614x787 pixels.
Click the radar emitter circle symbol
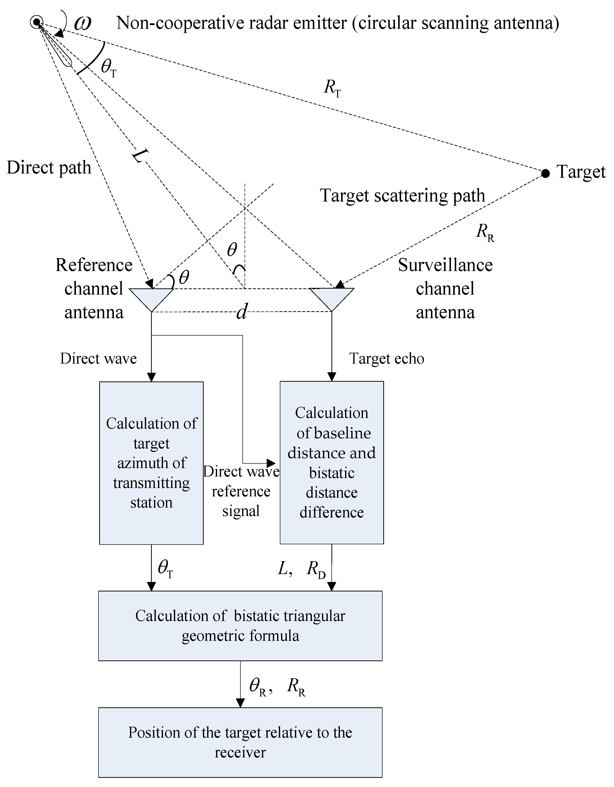pos(36,22)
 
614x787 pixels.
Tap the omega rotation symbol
pos(82,23)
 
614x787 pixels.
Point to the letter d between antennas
pos(242,312)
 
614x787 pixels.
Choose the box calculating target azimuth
pos(151,463)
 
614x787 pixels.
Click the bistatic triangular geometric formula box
pos(240,626)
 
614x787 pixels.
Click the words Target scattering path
pos(402,196)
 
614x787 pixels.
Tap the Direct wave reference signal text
pos(241,491)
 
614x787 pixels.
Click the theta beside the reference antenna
pos(184,277)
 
